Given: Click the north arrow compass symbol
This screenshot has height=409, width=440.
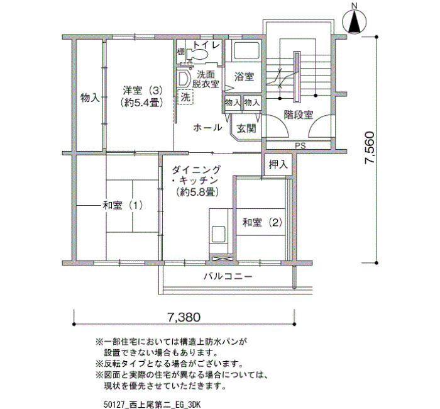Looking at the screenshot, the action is point(355,22).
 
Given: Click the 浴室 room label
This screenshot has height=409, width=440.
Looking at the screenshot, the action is point(244,76).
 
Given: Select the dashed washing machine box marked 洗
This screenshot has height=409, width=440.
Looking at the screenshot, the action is point(185,97).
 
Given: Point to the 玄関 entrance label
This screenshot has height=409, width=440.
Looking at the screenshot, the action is point(246,128).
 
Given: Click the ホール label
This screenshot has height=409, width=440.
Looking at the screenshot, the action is point(207,128).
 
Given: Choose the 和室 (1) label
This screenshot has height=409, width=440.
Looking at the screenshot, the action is point(123,206).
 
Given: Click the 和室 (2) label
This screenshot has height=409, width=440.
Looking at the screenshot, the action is point(262,223).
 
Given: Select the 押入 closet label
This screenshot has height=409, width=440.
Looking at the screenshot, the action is point(278,165).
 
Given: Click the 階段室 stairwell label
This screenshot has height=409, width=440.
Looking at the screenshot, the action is point(299,115).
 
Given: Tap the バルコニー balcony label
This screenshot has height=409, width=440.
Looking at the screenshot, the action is point(228,276).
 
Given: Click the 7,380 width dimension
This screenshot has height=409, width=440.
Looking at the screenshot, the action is point(184,317).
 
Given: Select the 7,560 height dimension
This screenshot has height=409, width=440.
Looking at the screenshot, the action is point(370,147).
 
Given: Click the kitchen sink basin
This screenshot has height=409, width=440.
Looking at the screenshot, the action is point(219,234).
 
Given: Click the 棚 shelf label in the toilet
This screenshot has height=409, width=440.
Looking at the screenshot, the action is point(180,52).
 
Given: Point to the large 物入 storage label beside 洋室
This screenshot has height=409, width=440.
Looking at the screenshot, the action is point(90,98).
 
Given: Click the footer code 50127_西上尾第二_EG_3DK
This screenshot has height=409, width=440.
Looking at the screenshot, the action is point(152,405).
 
